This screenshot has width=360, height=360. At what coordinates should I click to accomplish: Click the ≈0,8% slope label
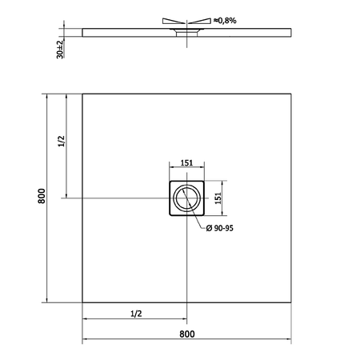225,21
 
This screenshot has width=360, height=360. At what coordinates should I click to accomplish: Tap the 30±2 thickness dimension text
60,50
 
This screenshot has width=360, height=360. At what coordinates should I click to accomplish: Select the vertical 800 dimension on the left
42,196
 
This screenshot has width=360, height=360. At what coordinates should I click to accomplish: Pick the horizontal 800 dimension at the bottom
187,334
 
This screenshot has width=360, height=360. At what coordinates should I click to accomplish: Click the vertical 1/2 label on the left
62,141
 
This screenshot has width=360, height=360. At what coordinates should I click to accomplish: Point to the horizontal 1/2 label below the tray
136,314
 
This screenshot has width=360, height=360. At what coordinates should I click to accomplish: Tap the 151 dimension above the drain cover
186,162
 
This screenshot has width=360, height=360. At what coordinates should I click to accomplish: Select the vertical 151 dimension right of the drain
218,198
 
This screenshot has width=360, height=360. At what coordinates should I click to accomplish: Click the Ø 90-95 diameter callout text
220,228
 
